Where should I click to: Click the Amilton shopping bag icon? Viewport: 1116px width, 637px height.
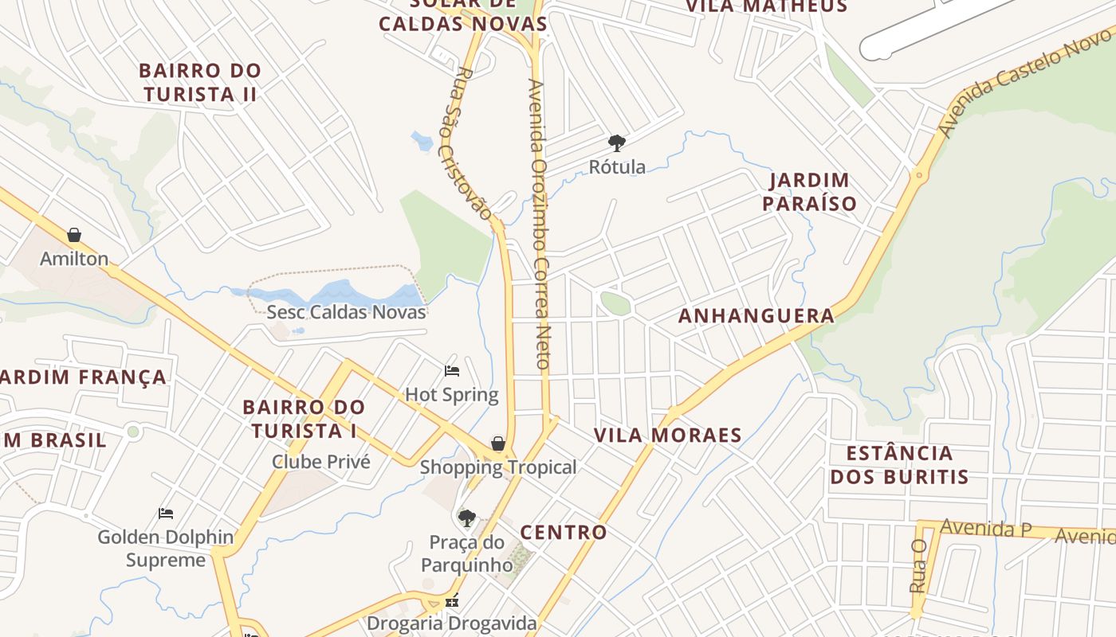pyautogui.click(x=74, y=235)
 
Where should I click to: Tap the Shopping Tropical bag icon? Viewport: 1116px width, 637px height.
pyautogui.click(x=498, y=444)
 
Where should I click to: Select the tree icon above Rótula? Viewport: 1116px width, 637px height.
pyautogui.click(x=616, y=143)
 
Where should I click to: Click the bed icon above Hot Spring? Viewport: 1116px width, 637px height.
pyautogui.click(x=452, y=371)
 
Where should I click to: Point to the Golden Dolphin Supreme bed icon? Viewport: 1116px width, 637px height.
pyautogui.click(x=166, y=514)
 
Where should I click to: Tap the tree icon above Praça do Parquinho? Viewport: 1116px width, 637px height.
pyautogui.click(x=467, y=519)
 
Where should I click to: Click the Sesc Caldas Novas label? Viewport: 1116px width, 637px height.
pyautogui.click(x=346, y=312)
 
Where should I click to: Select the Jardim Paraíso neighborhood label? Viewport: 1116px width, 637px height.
pyautogui.click(x=809, y=192)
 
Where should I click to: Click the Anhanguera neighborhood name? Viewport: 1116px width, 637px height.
pyautogui.click(x=756, y=316)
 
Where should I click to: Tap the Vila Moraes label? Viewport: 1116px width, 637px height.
pyautogui.click(x=668, y=436)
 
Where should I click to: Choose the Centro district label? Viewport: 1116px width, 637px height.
pyautogui.click(x=564, y=532)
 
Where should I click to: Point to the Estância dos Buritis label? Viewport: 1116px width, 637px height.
pyautogui.click(x=899, y=465)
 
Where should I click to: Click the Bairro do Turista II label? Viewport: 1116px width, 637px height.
pyautogui.click(x=200, y=82)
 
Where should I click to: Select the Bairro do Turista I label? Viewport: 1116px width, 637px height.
pyautogui.click(x=304, y=419)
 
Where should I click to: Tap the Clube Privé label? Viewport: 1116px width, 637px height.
pyautogui.click(x=321, y=462)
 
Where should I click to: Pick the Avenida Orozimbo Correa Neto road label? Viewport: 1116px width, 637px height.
pyautogui.click(x=540, y=223)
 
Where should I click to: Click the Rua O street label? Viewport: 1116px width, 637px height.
pyautogui.click(x=918, y=565)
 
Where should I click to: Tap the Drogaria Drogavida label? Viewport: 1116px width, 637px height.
pyautogui.click(x=452, y=623)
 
